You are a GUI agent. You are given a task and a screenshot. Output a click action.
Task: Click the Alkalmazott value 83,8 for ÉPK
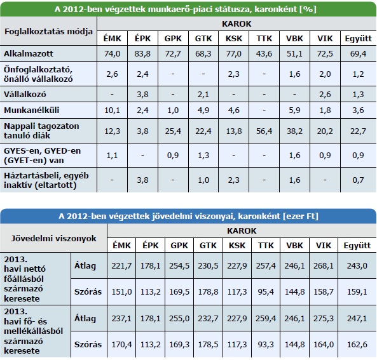pos(142,53)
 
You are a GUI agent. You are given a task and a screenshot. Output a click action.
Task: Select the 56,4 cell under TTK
pos(264,131)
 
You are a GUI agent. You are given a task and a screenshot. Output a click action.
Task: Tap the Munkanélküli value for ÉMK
pos(112,110)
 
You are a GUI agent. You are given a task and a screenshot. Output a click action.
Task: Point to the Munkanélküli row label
pos(32,110)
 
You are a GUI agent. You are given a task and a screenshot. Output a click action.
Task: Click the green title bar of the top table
pos(188,9)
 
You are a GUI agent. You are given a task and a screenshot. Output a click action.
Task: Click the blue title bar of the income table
pos(188,216)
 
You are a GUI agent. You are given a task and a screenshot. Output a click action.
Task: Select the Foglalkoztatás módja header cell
pos(48,31)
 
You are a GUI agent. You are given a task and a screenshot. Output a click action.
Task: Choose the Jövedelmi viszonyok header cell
pos(53,238)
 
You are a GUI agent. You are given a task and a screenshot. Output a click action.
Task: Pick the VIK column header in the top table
pos(325,39)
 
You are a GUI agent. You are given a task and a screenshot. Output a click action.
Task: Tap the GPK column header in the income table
pos(179,246)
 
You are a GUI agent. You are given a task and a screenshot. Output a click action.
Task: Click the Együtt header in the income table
pos(357,246)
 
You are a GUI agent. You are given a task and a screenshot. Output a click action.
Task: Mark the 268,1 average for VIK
pos(324,266)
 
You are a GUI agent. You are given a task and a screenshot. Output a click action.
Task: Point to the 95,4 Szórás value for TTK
pos(266,292)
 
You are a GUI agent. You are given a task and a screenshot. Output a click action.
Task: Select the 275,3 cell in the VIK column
pos(324,319)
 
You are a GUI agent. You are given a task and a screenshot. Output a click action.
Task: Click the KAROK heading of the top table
pos(236,23)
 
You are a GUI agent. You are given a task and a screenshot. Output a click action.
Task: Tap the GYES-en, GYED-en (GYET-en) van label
pos(43,156)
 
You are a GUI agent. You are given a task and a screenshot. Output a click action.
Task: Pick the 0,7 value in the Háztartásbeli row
pos(359,180)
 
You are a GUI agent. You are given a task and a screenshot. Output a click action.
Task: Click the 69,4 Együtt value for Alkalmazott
pos(359,53)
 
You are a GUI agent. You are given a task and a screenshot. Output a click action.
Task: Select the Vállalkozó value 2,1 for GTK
pos(203,95)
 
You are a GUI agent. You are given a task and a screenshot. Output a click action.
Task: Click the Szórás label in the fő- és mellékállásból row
pos(88,344)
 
